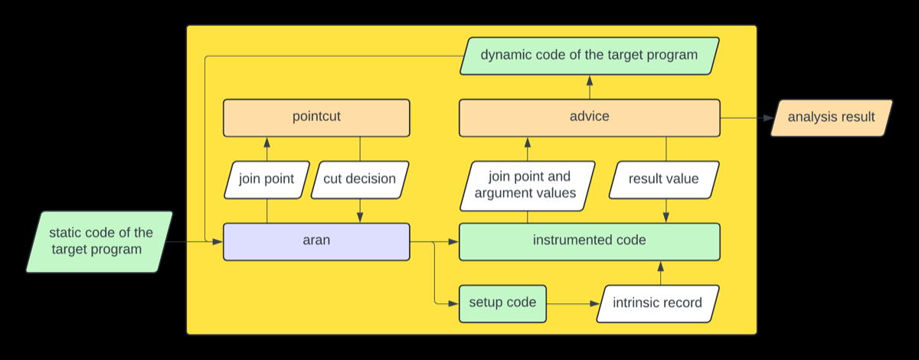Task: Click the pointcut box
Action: (316, 118)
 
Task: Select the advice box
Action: (590, 118)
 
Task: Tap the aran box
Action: (316, 242)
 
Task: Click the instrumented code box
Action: (590, 242)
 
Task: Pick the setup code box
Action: (502, 304)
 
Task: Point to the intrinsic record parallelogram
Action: (658, 304)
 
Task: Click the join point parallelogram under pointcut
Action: (267, 180)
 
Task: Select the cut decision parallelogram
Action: (360, 180)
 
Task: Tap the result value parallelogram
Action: (664, 180)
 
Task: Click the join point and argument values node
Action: (527, 186)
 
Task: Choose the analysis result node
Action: (832, 118)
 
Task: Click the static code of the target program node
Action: (100, 242)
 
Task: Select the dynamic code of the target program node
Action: (590, 56)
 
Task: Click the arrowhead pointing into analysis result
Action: (769, 118)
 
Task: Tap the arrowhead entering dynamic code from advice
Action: (590, 80)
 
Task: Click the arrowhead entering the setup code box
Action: (453, 304)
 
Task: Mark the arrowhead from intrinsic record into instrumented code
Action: (660, 267)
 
